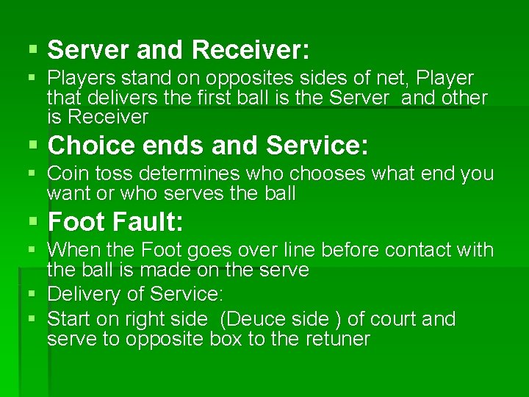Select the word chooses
coord(328,174)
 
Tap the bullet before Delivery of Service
coord(32,295)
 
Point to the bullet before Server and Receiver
coord(32,50)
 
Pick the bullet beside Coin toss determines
coord(32,174)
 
